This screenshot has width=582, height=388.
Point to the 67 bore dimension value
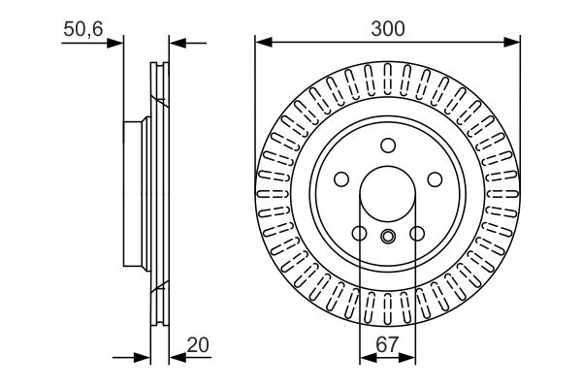(387, 344)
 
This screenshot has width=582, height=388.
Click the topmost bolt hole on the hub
(388, 145)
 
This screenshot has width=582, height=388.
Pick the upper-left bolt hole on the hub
(341, 179)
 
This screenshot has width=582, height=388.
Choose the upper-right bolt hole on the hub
(434, 179)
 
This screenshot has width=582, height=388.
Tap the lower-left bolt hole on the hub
(359, 234)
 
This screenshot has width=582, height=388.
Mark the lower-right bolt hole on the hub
(417, 234)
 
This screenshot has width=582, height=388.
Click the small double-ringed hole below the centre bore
(388, 237)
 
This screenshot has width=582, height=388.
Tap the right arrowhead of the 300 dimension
(514, 42)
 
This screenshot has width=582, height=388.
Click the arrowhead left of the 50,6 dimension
(117, 42)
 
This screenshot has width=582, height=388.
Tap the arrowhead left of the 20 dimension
(144, 359)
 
